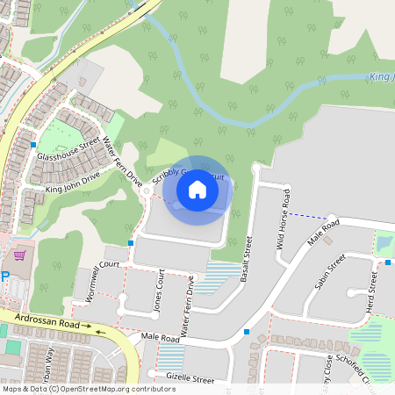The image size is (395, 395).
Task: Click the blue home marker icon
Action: [197, 189]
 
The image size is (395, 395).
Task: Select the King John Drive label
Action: [73, 182]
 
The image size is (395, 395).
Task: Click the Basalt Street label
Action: [246, 258]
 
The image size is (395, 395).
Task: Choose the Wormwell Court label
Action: [97, 264]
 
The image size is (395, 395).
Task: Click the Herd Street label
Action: [372, 282]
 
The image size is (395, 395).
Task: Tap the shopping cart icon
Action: [20, 256]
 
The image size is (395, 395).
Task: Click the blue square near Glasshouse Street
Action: [33, 144]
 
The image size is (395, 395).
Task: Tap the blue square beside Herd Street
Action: [387, 262]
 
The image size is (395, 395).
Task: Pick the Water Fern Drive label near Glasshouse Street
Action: [122, 161]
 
